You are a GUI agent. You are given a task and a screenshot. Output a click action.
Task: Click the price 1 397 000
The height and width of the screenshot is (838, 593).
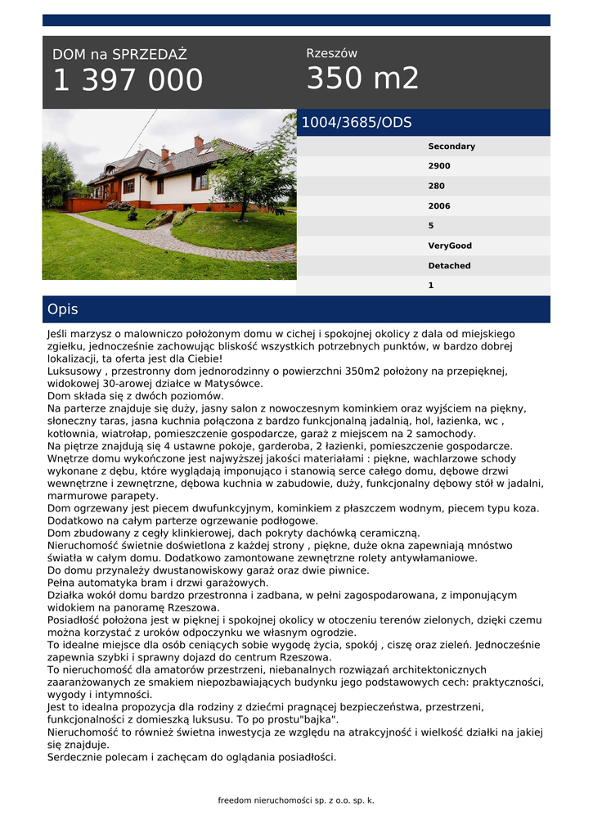click(128, 80)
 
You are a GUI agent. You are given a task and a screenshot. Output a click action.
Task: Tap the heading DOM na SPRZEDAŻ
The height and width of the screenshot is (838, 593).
click(119, 55)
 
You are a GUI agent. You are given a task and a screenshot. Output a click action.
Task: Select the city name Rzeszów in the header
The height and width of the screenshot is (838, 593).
click(331, 53)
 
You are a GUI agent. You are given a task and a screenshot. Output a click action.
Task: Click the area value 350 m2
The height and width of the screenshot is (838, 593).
click(362, 79)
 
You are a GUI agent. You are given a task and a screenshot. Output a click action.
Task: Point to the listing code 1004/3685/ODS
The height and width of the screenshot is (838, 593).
click(357, 123)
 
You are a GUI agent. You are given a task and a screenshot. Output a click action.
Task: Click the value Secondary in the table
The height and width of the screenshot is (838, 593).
click(451, 146)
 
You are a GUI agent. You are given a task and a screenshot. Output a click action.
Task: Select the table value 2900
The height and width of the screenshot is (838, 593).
click(439, 166)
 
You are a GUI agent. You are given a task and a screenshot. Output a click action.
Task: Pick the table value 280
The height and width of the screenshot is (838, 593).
click(437, 186)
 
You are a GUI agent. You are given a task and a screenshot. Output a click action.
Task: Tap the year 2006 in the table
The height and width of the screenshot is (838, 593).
click(439, 206)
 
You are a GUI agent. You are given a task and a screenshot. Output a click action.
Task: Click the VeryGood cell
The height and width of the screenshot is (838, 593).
click(450, 246)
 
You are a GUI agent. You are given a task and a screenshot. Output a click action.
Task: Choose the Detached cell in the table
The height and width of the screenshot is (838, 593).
click(450, 266)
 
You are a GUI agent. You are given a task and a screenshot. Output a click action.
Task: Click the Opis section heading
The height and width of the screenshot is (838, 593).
click(63, 309)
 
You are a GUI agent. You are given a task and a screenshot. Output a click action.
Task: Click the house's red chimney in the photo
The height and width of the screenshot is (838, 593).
click(198, 143)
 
